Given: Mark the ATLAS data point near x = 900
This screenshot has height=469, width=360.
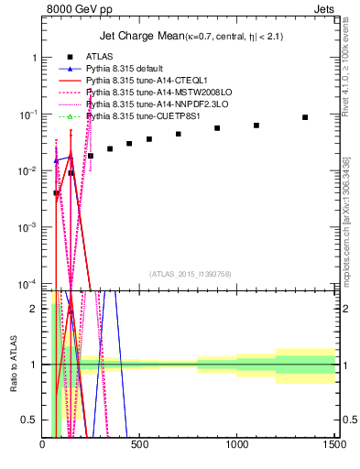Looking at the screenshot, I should tap(217, 128).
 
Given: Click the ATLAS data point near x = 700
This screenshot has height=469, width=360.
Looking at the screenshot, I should tap(179, 134).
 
